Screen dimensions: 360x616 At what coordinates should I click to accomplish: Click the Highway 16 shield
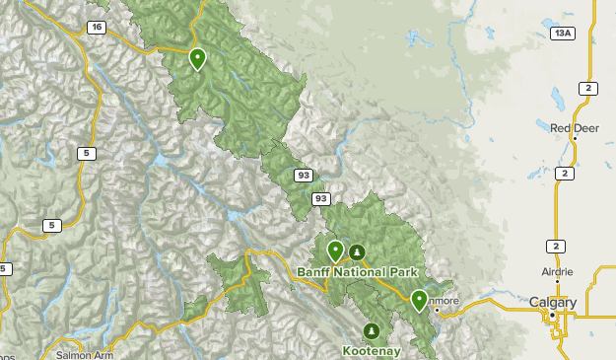tap(96, 28)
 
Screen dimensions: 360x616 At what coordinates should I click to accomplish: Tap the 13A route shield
tap(562, 34)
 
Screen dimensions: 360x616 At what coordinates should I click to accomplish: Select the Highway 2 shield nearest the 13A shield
tap(588, 89)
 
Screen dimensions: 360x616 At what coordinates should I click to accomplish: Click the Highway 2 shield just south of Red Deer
tap(565, 174)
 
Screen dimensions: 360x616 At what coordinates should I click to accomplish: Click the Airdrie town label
tap(556, 271)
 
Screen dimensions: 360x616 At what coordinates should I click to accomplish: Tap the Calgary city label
tap(552, 302)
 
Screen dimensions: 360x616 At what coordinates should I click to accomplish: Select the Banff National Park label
tap(358, 272)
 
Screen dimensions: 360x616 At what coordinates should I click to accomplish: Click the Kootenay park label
tap(372, 350)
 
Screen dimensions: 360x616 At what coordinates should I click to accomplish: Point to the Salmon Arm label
tap(79, 354)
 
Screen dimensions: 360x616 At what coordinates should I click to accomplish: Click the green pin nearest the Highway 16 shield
tap(197, 59)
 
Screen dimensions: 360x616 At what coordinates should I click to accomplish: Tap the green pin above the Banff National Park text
tap(335, 251)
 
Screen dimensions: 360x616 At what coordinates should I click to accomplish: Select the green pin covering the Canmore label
tap(419, 300)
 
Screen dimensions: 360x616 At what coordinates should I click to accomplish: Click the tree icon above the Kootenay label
tap(372, 330)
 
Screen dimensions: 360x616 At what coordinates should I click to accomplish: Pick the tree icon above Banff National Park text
tap(357, 252)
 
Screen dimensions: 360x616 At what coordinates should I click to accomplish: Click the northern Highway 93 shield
tap(304, 176)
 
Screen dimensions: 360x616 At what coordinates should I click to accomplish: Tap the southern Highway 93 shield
tap(320, 198)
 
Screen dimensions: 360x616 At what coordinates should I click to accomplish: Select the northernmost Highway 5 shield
tap(88, 153)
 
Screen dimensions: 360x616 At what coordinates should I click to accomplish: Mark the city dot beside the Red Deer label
tap(574, 138)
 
